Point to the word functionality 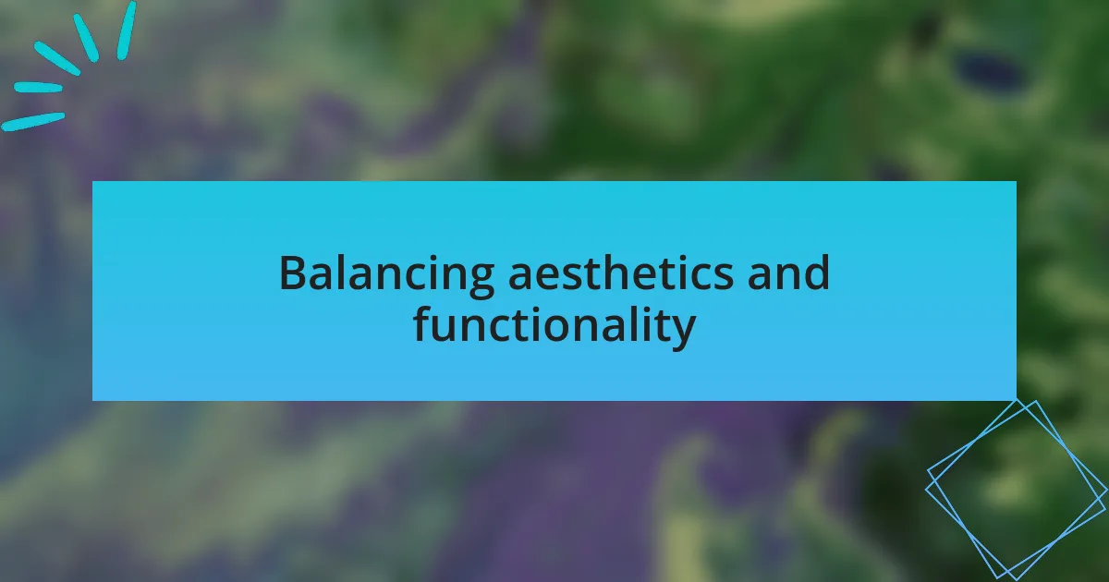pyautogui.click(x=554, y=324)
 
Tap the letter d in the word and pyautogui.click(x=815, y=273)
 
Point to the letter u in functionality pyautogui.click(x=447, y=329)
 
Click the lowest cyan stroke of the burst pyautogui.click(x=32, y=122)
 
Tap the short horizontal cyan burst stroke pyautogui.click(x=38, y=88)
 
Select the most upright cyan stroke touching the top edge pyautogui.click(x=127, y=31)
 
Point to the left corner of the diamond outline pyautogui.click(x=926, y=490)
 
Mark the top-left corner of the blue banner pyautogui.click(x=92, y=182)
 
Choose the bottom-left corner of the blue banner pyautogui.click(x=92, y=400)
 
